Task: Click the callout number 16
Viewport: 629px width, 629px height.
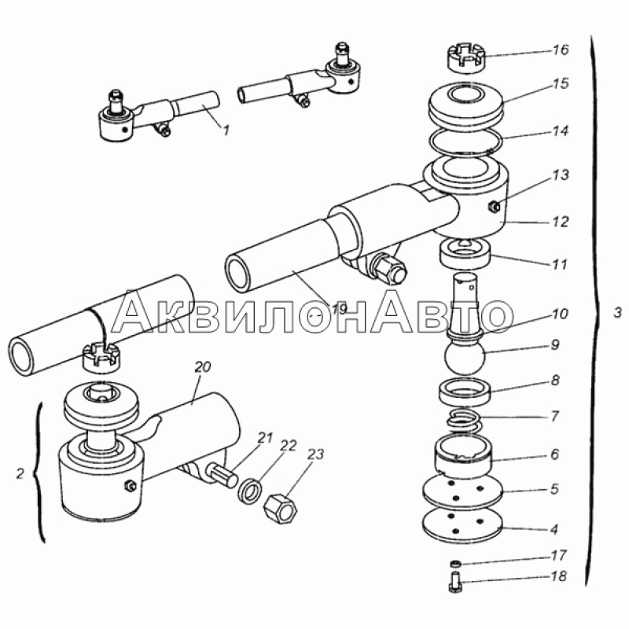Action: tap(561, 50)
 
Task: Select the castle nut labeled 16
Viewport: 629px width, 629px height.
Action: tap(465, 59)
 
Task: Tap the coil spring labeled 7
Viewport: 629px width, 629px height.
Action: tap(465, 421)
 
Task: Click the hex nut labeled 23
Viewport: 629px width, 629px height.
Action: tap(281, 506)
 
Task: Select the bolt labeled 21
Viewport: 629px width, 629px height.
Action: tap(223, 474)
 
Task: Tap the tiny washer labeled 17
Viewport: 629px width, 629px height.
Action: tap(455, 563)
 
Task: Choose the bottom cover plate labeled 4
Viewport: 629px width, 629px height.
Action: tap(463, 525)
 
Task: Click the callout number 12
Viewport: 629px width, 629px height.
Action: tap(560, 222)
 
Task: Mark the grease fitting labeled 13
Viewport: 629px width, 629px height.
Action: tap(493, 206)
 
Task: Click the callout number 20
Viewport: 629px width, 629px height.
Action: tap(203, 366)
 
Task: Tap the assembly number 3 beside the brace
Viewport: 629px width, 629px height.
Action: tap(617, 312)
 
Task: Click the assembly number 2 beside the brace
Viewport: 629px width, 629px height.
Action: tap(20, 474)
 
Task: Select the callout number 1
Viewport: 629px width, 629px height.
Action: tap(226, 130)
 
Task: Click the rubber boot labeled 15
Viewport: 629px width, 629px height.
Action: tap(465, 104)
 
